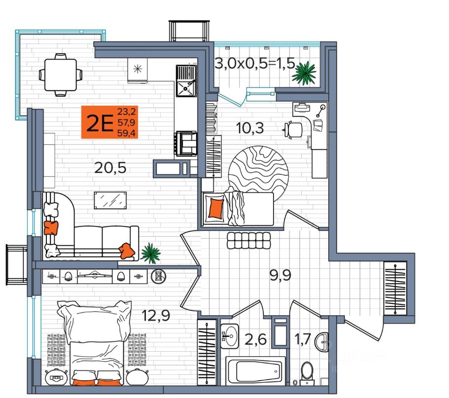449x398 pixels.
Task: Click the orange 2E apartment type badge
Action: point(110,122)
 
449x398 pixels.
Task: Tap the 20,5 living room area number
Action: point(110,168)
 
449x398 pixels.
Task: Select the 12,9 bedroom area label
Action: point(156,315)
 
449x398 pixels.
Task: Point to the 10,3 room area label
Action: point(250,128)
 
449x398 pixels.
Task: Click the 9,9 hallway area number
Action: point(280,275)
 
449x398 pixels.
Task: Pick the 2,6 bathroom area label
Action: point(255,340)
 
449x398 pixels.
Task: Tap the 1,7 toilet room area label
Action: point(303,340)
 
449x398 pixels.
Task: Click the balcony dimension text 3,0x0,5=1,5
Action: point(255,63)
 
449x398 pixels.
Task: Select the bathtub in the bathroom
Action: point(256,371)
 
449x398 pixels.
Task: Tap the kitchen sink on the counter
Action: point(186,81)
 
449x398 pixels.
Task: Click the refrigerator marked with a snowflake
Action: point(138,70)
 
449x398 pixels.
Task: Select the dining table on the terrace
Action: point(61,75)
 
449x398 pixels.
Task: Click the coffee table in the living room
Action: point(110,200)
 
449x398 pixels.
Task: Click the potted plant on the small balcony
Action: point(304,73)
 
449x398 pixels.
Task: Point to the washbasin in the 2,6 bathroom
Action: point(230,336)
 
